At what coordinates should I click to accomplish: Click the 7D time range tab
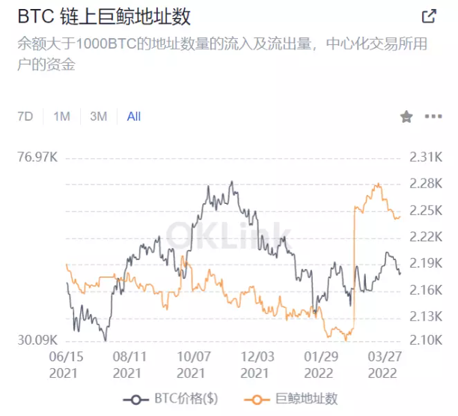[25, 116]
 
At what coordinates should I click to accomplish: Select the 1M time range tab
[61, 116]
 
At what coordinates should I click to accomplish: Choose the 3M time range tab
[98, 116]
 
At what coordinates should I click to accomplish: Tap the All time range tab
[134, 116]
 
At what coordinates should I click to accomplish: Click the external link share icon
[429, 16]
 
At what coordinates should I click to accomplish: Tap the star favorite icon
[406, 116]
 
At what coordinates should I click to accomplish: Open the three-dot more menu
[433, 116]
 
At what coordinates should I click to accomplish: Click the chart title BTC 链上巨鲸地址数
[106, 16]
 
